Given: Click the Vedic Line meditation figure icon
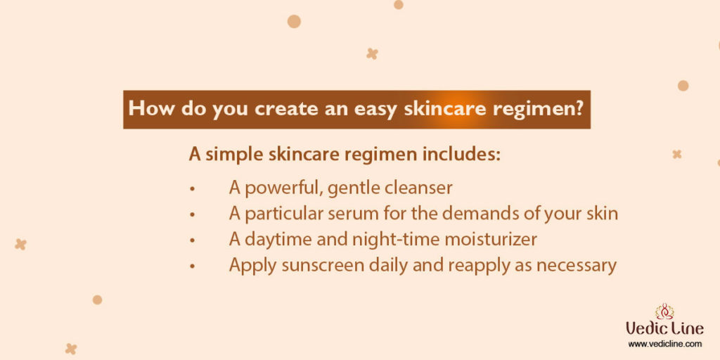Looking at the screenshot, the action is coord(664,311).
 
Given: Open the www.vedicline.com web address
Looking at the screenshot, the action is coord(664,344).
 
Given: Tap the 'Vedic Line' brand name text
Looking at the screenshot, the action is coord(664,329).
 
